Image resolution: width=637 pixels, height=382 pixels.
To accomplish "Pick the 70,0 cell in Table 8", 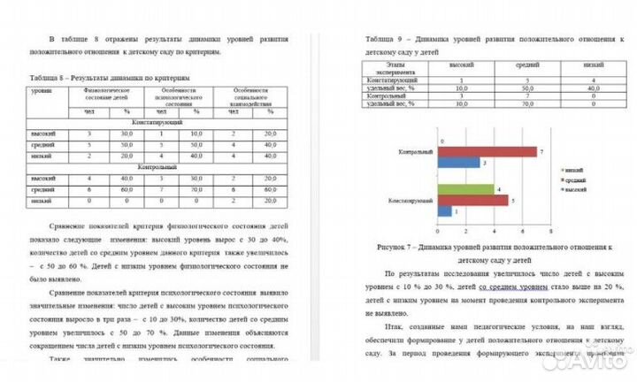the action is click(x=196, y=189).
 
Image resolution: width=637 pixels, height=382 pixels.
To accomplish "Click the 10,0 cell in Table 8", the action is click(x=196, y=133).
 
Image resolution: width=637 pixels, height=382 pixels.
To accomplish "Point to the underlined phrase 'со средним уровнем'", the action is click(x=510, y=288).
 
